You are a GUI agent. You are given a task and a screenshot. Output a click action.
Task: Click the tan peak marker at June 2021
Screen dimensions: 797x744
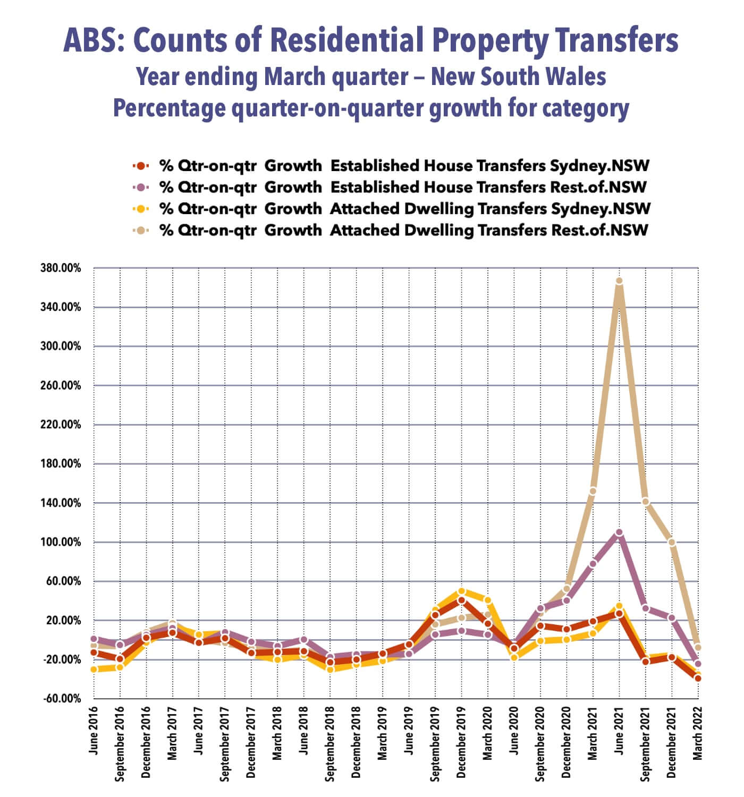619,281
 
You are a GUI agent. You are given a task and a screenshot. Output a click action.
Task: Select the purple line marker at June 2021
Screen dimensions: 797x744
619,532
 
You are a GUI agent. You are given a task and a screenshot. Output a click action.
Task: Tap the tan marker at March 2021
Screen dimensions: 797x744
593,491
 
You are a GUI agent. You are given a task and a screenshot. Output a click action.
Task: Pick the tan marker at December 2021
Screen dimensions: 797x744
671,542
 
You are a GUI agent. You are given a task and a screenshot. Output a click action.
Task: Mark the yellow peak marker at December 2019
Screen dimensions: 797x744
461,591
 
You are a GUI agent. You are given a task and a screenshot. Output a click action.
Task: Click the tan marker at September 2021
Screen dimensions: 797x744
645,502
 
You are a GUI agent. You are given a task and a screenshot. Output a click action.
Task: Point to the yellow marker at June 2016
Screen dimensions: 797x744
94,669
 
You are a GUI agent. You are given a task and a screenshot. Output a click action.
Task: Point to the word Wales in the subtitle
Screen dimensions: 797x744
576,77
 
